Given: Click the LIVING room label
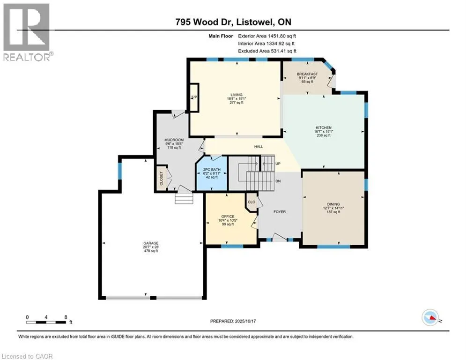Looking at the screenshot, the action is [x=237, y=95].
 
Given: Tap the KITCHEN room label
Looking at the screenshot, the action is [x=324, y=127].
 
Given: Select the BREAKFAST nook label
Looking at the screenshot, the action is [x=307, y=74].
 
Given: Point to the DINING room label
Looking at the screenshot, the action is [x=333, y=204].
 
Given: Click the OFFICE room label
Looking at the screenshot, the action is [x=228, y=217].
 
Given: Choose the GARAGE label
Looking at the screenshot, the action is [x=151, y=243].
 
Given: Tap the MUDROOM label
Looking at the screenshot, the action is [x=174, y=140].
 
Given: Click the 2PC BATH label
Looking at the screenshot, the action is [x=212, y=170].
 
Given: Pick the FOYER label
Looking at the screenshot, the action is [x=280, y=212].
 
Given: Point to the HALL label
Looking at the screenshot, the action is [x=259, y=147].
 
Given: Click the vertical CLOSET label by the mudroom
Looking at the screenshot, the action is [x=162, y=179].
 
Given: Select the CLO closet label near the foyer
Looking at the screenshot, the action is [x=251, y=202].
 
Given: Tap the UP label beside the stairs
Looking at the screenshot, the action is [x=278, y=164].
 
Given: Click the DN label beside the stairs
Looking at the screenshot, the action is [x=278, y=181].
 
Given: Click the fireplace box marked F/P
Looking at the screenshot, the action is [x=194, y=97].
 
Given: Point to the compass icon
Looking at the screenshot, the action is [x=430, y=317].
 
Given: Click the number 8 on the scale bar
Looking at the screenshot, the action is [x=66, y=317].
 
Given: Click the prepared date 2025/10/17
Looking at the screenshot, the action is [x=245, y=321].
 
